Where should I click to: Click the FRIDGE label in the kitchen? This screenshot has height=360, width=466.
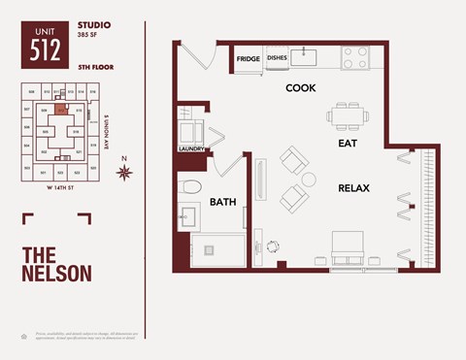pyautogui.click(x=247, y=57)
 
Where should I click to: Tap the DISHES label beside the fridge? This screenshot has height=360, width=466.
pyautogui.click(x=277, y=57)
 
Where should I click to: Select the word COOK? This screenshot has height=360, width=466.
pyautogui.click(x=300, y=88)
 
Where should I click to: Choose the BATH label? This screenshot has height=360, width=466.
pyautogui.click(x=224, y=203)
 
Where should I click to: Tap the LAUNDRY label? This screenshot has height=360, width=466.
pyautogui.click(x=190, y=148)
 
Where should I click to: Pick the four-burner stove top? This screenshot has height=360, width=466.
pyautogui.click(x=354, y=60)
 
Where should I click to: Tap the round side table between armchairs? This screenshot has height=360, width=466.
pyautogui.click(x=309, y=180)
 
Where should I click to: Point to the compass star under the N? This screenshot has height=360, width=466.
pyautogui.click(x=123, y=174)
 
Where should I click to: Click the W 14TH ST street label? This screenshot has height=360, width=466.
pyautogui.click(x=61, y=189)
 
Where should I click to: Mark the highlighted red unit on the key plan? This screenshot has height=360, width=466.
pyautogui.click(x=60, y=110)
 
